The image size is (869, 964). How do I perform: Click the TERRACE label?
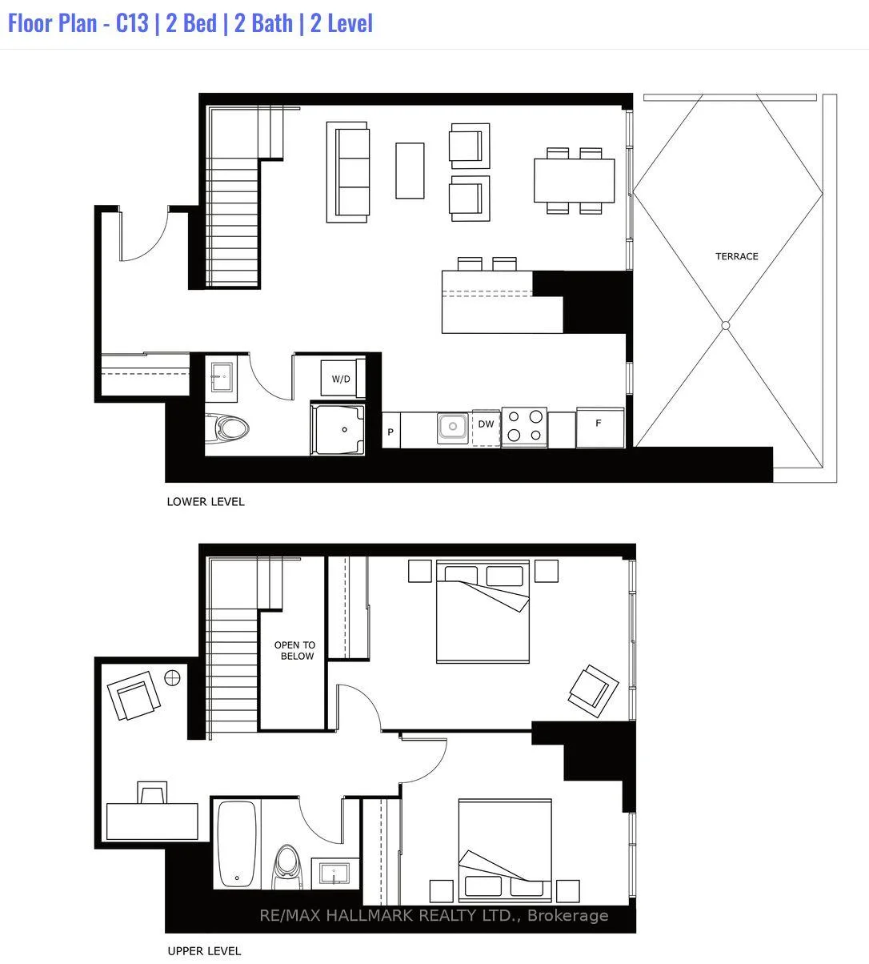pyautogui.click(x=736, y=256)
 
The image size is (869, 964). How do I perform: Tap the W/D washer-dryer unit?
pyautogui.click(x=342, y=378)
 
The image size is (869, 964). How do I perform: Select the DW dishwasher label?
pyautogui.click(x=486, y=424)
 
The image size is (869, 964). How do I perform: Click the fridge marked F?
pyautogui.click(x=600, y=428)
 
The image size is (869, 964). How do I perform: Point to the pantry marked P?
pyautogui.click(x=390, y=431)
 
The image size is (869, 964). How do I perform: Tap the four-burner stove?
pyautogui.click(x=524, y=428)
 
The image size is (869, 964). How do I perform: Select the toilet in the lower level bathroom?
pyautogui.click(x=226, y=428)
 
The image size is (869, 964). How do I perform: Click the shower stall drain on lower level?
pyautogui.click(x=344, y=429)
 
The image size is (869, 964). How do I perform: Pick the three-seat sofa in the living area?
pyautogui.click(x=348, y=172)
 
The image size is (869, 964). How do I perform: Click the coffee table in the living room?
pyautogui.click(x=410, y=171)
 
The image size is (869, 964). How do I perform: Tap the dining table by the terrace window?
pyautogui.click(x=574, y=180)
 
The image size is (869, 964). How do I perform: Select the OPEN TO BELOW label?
pyautogui.click(x=294, y=650)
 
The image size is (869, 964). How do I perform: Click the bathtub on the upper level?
pyautogui.click(x=236, y=844)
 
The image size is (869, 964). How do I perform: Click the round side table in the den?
pyautogui.click(x=172, y=677)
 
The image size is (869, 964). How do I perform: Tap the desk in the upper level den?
pyautogui.click(x=152, y=821)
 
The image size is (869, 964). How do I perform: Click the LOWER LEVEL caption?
pyautogui.click(x=206, y=502)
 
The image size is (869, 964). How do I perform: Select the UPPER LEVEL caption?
pyautogui.click(x=204, y=951)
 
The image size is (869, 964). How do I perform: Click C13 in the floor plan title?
pyautogui.click(x=132, y=23)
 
